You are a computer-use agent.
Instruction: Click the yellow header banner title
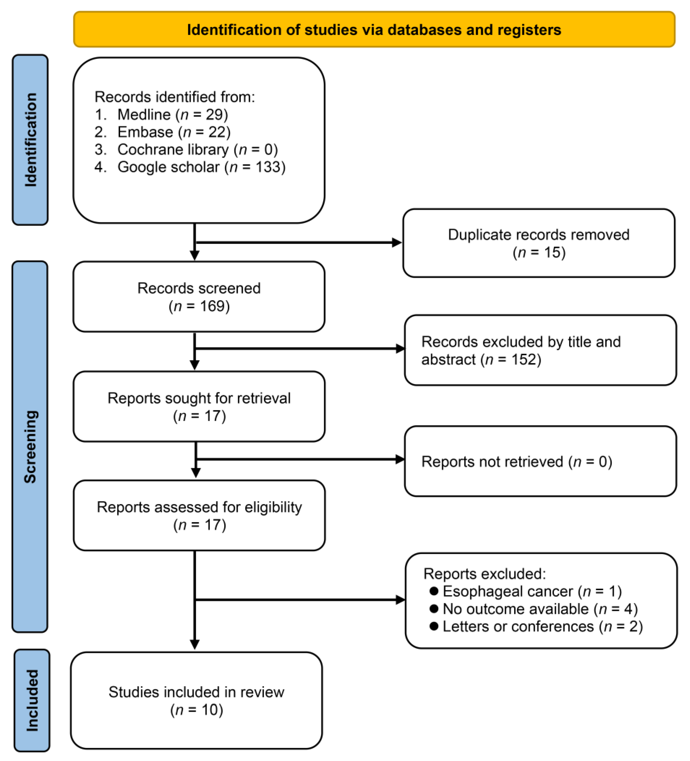(374, 30)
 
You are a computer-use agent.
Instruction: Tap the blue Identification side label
(30, 140)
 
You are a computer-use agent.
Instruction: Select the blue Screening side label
(30, 446)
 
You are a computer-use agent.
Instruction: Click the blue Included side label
(32, 700)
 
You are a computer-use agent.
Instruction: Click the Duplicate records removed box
(539, 243)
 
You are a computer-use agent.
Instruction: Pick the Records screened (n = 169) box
(199, 297)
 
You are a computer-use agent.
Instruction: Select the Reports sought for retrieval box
(199, 407)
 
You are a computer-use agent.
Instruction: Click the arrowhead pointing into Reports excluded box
(400, 599)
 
